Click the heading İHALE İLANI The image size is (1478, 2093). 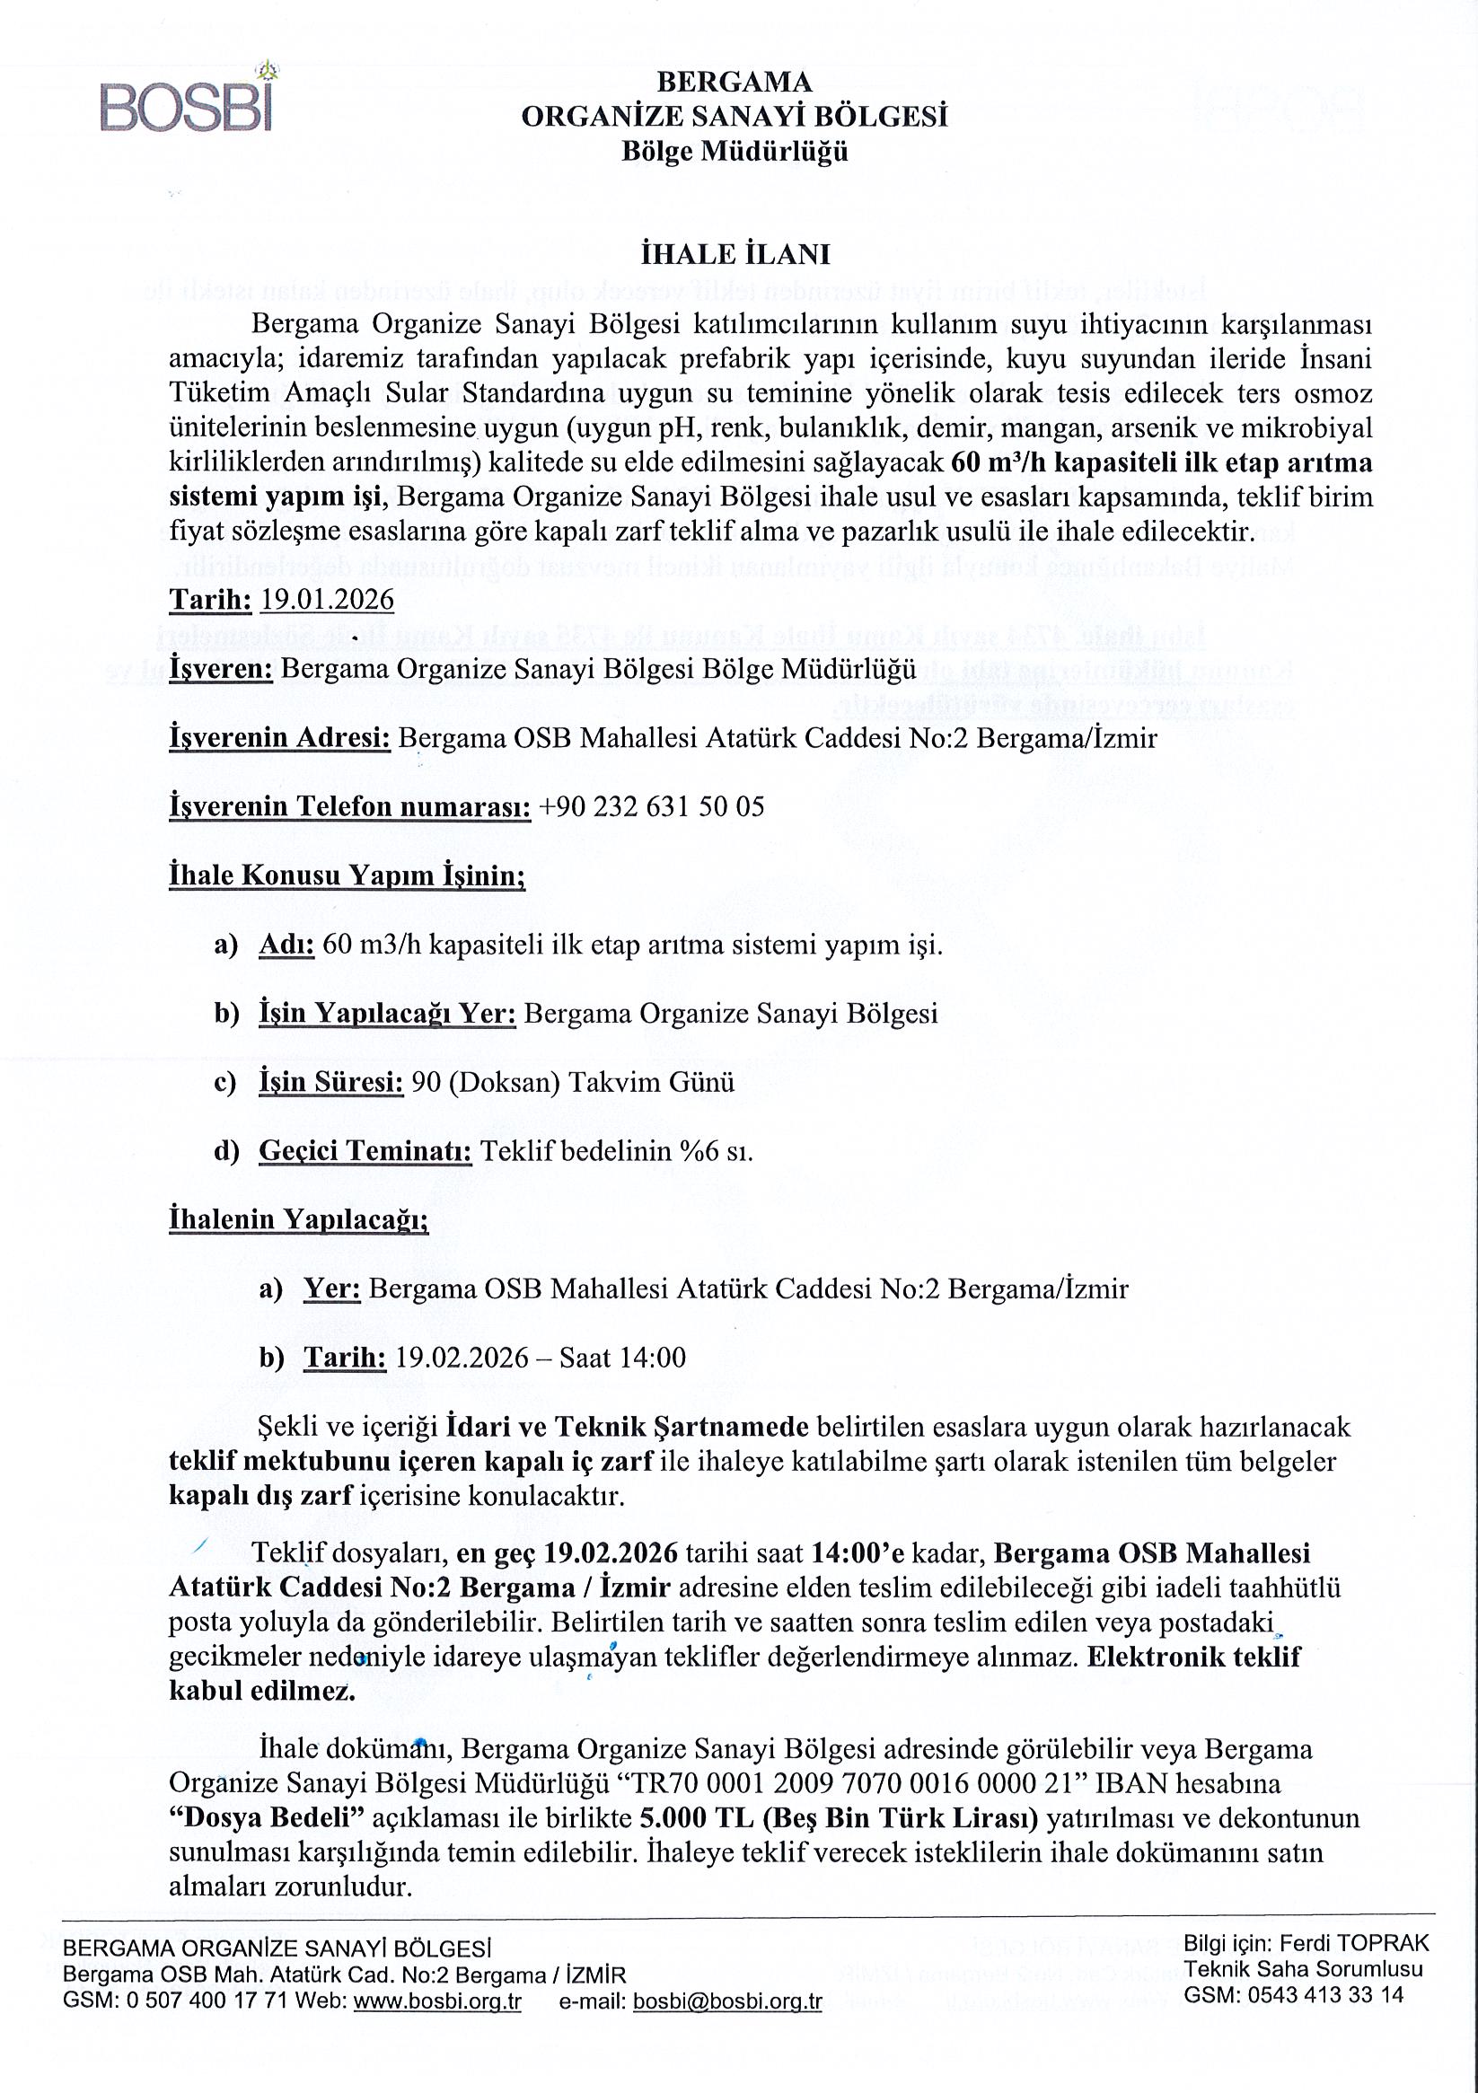pos(735,254)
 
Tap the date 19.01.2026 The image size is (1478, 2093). pos(327,600)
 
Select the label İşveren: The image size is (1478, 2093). pos(222,668)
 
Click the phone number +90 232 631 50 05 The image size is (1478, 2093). pos(651,806)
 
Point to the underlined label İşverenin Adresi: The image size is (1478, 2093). pos(280,737)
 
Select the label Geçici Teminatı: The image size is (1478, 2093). pos(365,1151)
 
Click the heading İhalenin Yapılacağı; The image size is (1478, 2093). pos(298,1219)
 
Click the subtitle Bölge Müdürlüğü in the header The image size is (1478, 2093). pos(735,152)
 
